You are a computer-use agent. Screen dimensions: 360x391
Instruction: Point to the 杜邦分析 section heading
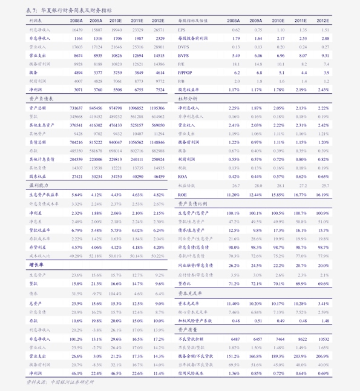[188, 98]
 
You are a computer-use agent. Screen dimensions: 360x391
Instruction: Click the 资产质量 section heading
[188, 330]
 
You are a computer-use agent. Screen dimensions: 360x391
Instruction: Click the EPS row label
[182, 29]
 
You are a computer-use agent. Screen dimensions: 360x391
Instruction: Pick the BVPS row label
[183, 55]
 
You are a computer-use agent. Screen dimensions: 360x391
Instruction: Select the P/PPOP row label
[185, 72]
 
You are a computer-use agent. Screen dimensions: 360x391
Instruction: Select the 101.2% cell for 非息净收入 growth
[76, 340]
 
